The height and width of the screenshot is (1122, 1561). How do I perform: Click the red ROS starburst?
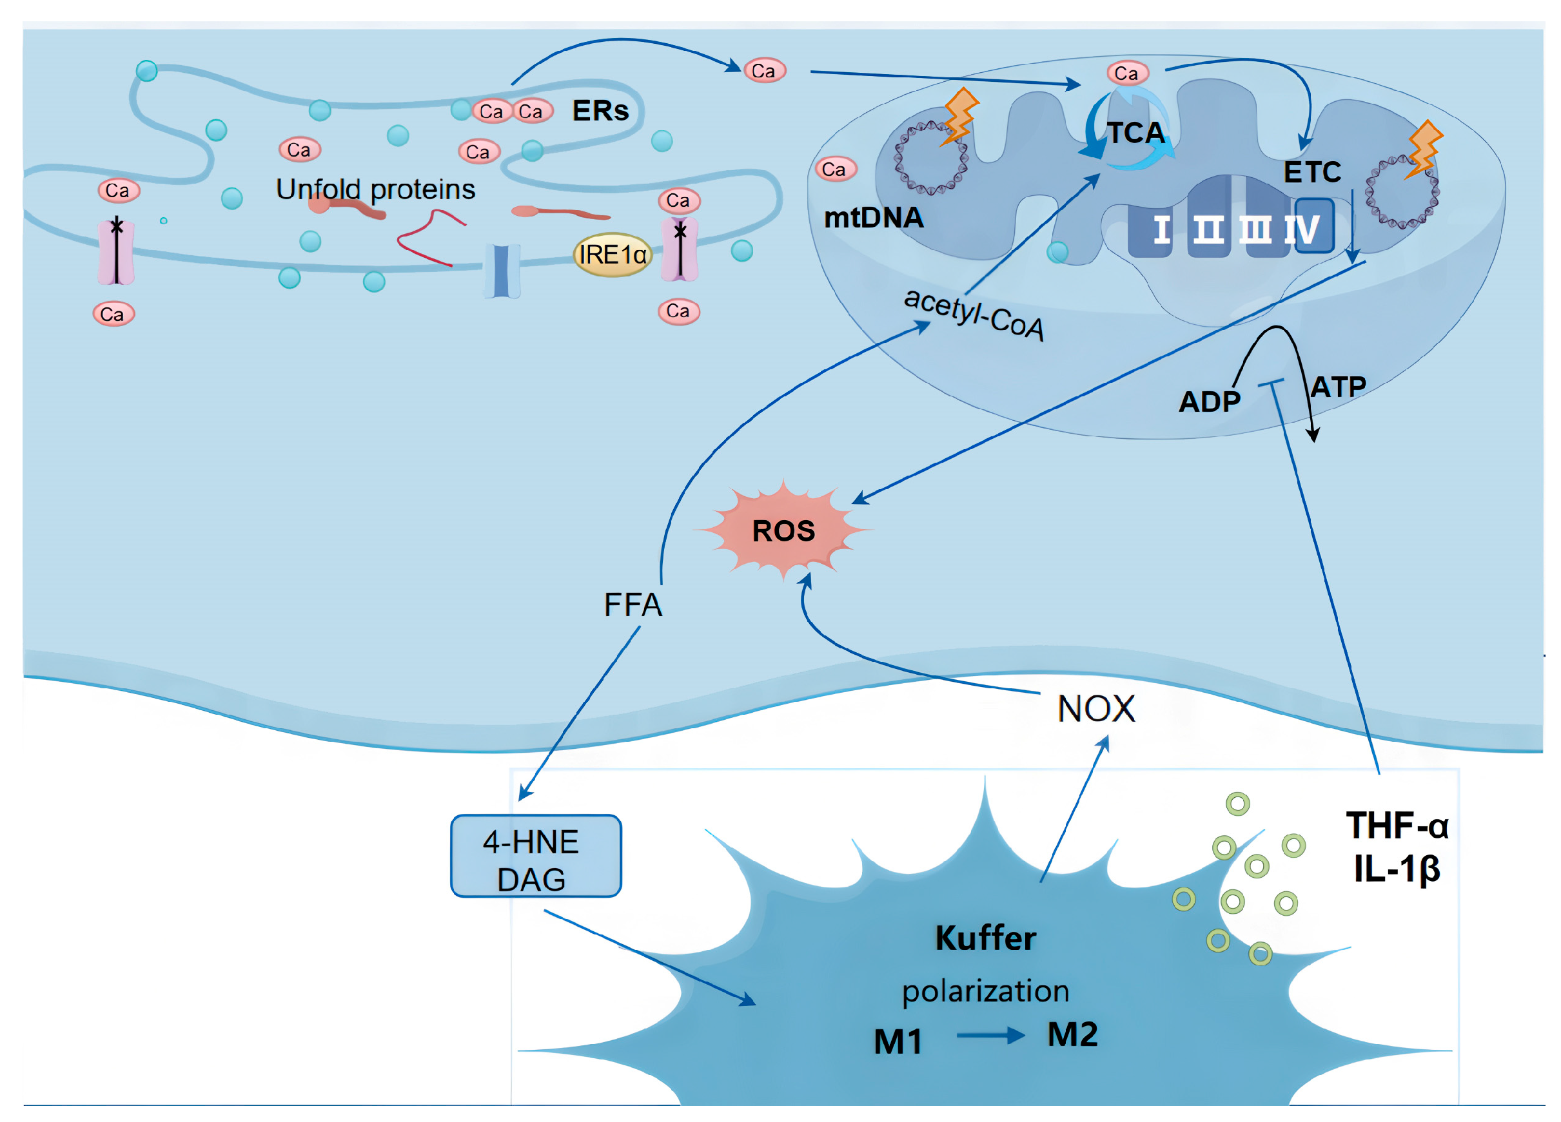pos(783,530)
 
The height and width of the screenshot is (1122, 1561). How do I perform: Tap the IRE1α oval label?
pos(612,255)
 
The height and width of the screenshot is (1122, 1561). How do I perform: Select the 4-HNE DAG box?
pos(535,856)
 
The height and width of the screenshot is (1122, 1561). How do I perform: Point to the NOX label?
pos(1095,708)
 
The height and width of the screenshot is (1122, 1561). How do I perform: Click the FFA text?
pos(633,605)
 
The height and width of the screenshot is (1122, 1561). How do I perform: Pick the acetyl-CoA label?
pos(974,314)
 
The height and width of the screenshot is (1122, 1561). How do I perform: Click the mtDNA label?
pos(874,217)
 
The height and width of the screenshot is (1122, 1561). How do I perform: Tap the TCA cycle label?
pos(1135,132)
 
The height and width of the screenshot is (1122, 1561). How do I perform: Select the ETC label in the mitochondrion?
pos(1312,172)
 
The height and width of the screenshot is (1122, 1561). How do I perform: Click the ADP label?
pos(1210,401)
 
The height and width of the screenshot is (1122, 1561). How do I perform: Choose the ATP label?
pos(1338,387)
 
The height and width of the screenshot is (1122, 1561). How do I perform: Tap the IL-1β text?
pos(1397,869)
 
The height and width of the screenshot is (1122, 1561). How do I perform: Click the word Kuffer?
pos(985,938)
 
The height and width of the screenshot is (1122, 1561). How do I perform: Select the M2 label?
pos(1072,1034)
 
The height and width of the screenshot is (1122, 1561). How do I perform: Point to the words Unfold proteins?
pos(375,189)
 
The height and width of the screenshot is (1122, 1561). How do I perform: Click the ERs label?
pos(600,110)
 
